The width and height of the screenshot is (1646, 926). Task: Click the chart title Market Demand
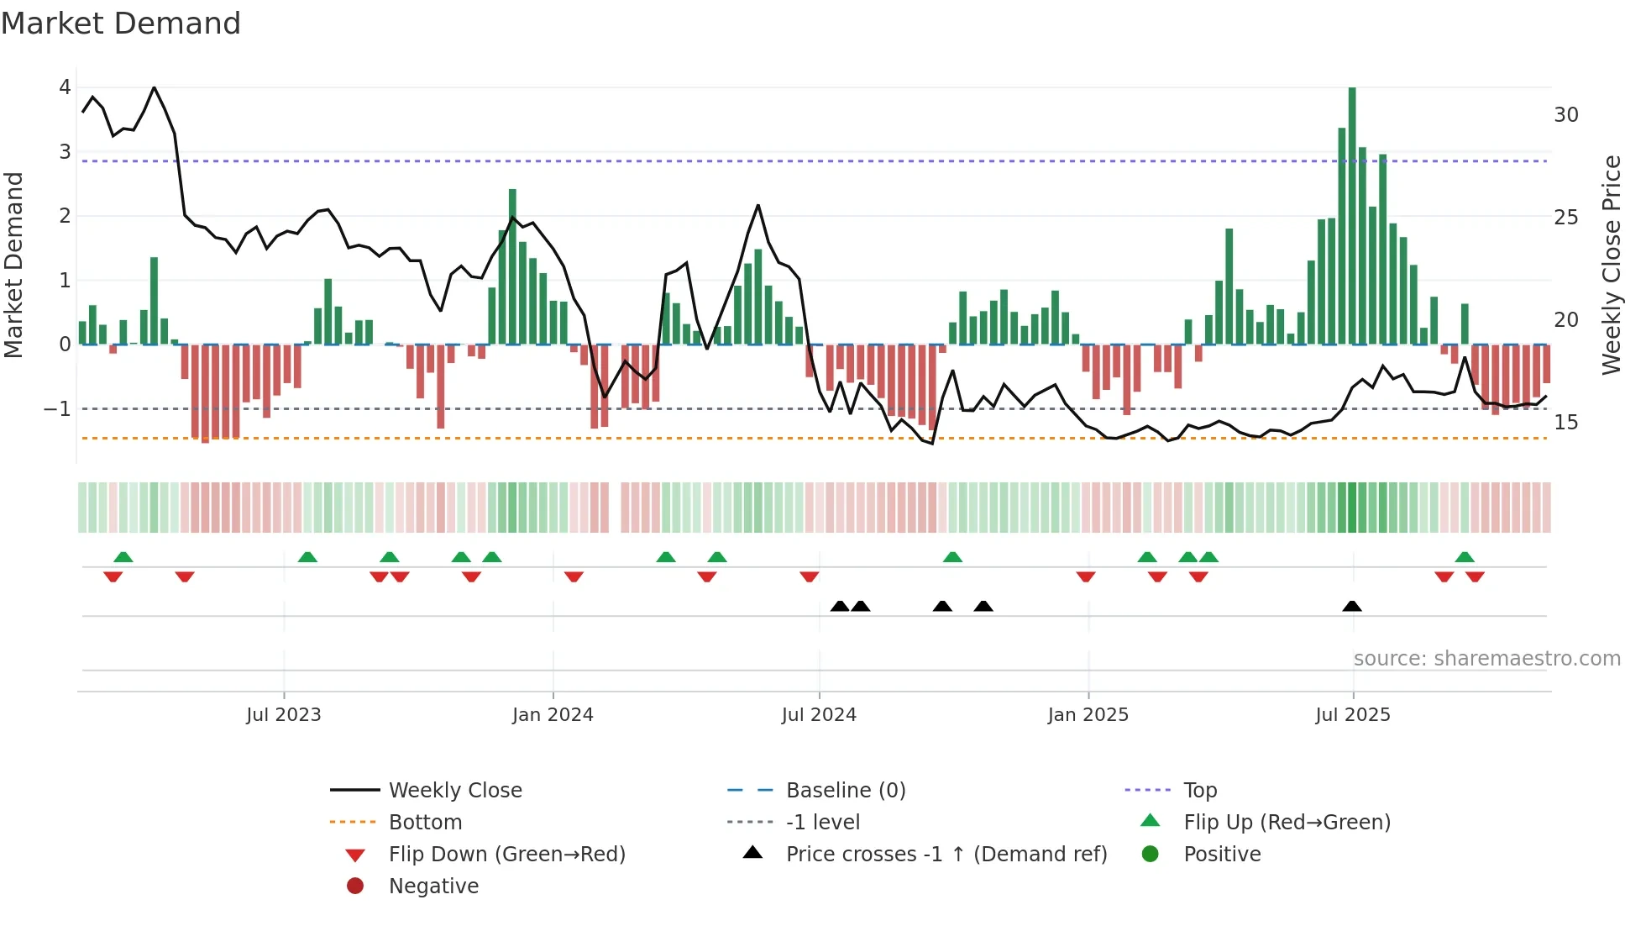tap(121, 24)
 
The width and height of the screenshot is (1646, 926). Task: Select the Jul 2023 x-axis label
tap(284, 715)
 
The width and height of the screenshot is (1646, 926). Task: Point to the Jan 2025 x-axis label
tap(1088, 715)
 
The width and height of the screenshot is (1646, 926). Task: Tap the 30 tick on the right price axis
tap(1566, 115)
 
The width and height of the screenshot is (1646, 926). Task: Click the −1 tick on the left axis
tap(57, 409)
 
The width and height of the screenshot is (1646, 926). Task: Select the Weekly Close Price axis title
tap(1612, 265)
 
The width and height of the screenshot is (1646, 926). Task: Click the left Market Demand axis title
tap(14, 265)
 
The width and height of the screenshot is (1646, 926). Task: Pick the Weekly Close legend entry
tap(454, 791)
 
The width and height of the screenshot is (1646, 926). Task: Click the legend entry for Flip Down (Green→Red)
tap(506, 855)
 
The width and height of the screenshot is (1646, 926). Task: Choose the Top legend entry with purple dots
tap(1199, 791)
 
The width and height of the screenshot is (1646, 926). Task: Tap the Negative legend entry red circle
tap(355, 887)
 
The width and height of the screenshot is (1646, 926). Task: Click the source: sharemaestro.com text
tap(1486, 659)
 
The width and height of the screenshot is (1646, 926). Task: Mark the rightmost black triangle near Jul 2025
tap(1352, 607)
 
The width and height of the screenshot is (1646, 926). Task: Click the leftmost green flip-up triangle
tap(123, 557)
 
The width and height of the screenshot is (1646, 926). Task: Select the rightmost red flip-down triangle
tap(1475, 576)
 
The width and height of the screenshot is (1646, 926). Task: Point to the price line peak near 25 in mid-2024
tap(757, 206)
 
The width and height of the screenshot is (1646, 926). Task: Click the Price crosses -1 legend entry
tap(946, 855)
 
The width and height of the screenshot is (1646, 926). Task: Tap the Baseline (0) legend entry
tap(845, 791)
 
